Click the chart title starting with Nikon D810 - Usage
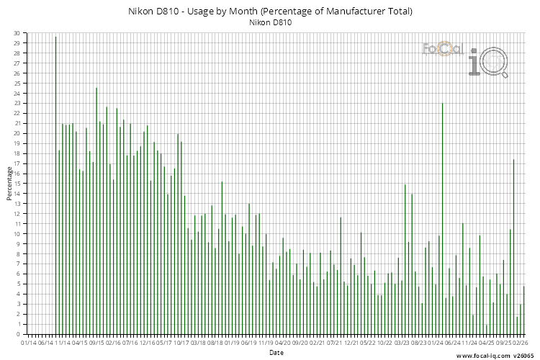[x=270, y=12]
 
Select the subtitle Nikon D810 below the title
[x=270, y=23]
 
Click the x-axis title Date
[x=276, y=353]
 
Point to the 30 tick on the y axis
[x=17, y=33]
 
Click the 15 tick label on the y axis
[x=17, y=184]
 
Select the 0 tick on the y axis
[x=18, y=334]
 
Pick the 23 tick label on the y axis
[x=17, y=103]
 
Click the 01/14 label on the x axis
[x=29, y=343]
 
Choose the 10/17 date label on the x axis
[x=181, y=343]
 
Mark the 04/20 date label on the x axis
[x=283, y=343]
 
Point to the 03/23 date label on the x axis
[x=402, y=343]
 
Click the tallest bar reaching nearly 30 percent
[x=55, y=184]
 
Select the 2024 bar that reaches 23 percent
[x=442, y=216]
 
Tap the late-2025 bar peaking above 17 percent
[x=513, y=245]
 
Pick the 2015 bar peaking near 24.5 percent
[x=96, y=209]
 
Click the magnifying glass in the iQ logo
[x=495, y=63]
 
